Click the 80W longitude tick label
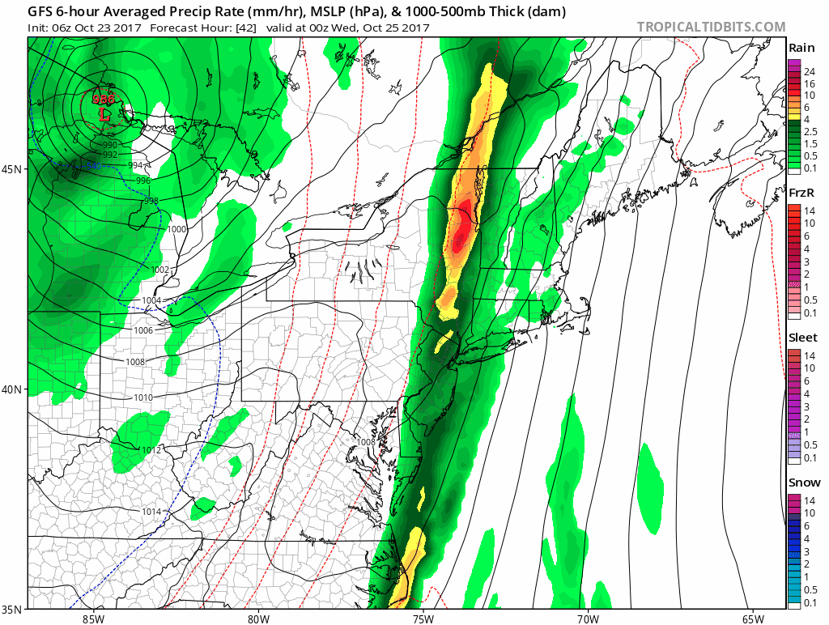(x=257, y=619)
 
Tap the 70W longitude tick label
(x=588, y=619)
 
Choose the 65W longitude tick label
(x=753, y=619)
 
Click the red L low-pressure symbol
(x=104, y=115)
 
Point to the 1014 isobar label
(x=152, y=512)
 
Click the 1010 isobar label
(x=143, y=398)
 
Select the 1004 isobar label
(x=152, y=301)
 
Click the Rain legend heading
(x=801, y=49)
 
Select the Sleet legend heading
(x=801, y=338)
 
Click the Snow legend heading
(x=801, y=483)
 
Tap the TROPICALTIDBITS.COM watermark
(x=711, y=27)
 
